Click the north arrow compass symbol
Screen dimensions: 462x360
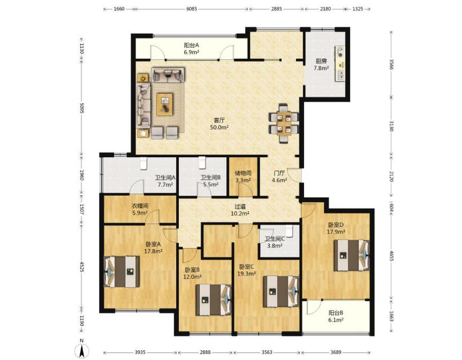[82, 350]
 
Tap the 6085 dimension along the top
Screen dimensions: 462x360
[192, 9]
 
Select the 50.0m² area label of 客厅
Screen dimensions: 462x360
[219, 127]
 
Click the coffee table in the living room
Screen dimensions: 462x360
[165, 104]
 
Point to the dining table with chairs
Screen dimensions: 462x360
[284, 123]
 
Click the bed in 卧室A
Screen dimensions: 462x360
[122, 272]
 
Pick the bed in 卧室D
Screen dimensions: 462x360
[352, 255]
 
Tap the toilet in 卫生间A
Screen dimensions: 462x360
[143, 163]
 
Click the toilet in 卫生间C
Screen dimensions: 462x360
[289, 231]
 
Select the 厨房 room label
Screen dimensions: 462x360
[321, 61]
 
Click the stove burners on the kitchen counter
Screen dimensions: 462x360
[340, 51]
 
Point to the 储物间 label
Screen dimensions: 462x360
[243, 173]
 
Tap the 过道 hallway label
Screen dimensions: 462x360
[240, 206]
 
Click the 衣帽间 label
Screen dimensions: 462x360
[140, 206]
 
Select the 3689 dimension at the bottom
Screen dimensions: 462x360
[336, 352]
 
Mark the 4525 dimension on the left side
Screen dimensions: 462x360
[81, 265]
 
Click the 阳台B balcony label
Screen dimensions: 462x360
[336, 313]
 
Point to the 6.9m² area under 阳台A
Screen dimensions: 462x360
[192, 52]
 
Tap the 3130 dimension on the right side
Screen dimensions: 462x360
[391, 126]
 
